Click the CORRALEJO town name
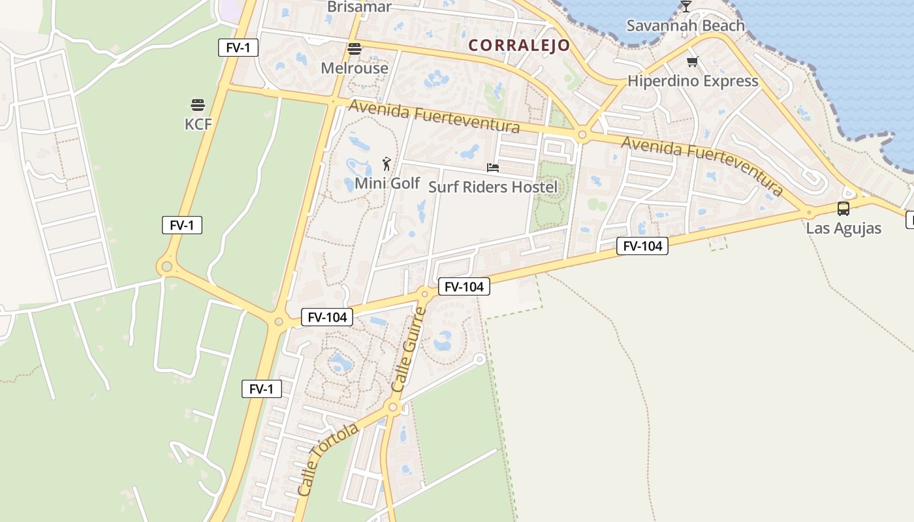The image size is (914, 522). tap(519, 46)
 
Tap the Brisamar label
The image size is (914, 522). tap(359, 7)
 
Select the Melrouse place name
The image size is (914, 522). tap(355, 68)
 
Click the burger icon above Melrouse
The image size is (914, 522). tap(355, 49)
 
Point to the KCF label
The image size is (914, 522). tap(198, 124)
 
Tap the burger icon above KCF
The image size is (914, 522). tap(198, 105)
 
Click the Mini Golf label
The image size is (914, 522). tap(387, 183)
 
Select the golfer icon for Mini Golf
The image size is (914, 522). tap(386, 164)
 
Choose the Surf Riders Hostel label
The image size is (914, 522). tap(493, 187)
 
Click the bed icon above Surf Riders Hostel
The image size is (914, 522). tap(493, 168)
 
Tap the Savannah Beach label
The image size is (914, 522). tap(685, 26)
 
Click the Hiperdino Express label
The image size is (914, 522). tap(693, 82)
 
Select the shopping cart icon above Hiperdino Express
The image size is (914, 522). tap(692, 62)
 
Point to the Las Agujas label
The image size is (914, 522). tap(843, 228)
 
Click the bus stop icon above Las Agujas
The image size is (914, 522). tap(843, 209)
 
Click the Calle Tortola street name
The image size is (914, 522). tap(328, 459)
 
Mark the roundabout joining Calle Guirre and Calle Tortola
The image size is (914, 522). tap(393, 408)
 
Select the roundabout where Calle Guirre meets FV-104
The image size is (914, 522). tap(424, 294)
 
